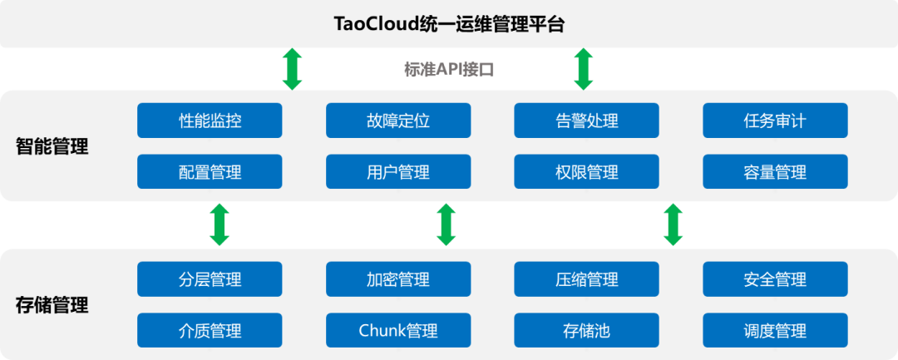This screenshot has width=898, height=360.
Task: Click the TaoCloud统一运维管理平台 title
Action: click(x=449, y=24)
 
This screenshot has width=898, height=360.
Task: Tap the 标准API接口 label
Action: click(x=449, y=70)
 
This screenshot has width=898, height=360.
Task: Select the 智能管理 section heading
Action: click(x=52, y=148)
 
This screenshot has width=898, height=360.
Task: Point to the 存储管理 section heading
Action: click(x=52, y=305)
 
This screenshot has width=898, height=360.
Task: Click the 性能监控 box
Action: click(x=210, y=121)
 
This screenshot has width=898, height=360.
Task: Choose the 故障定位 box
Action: click(x=398, y=121)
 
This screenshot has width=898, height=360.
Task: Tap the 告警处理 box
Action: click(x=586, y=121)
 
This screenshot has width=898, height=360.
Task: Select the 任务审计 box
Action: click(x=775, y=121)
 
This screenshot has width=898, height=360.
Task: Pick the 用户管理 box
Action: click(x=398, y=172)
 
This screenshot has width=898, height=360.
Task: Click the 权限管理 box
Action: click(x=586, y=172)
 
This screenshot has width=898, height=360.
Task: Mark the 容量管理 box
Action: click(x=775, y=172)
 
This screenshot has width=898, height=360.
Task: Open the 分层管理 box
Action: click(x=210, y=279)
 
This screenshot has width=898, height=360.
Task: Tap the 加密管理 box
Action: click(x=398, y=279)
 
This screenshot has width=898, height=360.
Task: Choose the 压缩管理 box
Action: click(x=586, y=279)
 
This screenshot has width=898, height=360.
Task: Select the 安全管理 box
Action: click(x=775, y=279)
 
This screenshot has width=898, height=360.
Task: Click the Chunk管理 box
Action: click(x=398, y=331)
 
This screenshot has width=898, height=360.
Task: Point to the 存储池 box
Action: click(x=586, y=331)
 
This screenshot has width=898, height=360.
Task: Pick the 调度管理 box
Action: click(x=775, y=331)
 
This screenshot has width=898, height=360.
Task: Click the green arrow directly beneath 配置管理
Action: click(x=220, y=224)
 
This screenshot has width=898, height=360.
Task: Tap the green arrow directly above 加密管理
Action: click(x=447, y=224)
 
